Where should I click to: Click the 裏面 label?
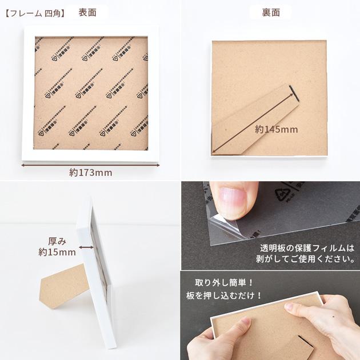pos(270,13)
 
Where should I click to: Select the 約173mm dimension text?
pos(90,172)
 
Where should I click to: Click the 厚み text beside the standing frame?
pos(58,241)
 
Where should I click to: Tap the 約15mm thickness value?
pos(57,252)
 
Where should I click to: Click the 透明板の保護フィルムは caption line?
pos(307,248)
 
